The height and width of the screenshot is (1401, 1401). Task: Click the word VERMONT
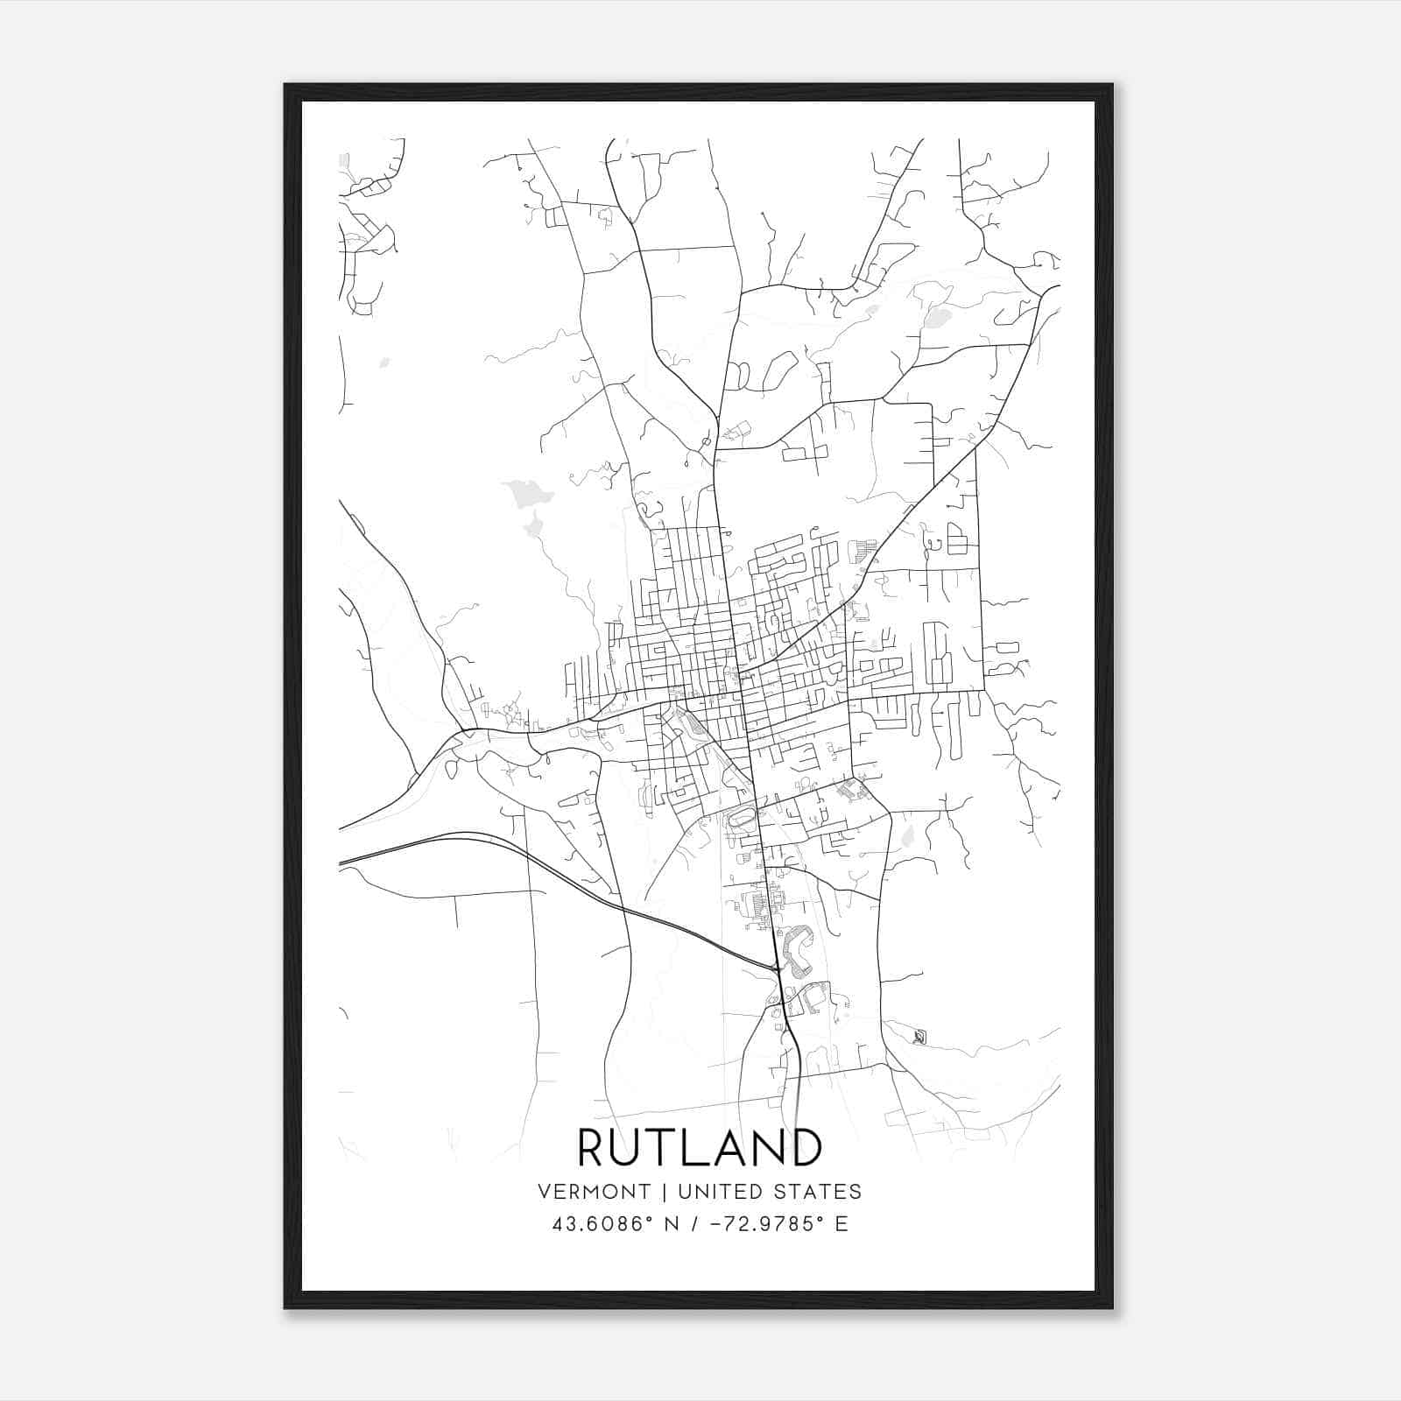click(x=595, y=1192)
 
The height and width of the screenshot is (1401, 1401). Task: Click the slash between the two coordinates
click(x=693, y=1224)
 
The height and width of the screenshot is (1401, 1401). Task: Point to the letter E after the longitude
click(x=841, y=1224)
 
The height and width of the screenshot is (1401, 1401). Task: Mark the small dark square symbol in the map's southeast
click(x=919, y=1038)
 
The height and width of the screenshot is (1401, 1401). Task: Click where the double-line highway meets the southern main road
click(x=776, y=968)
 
